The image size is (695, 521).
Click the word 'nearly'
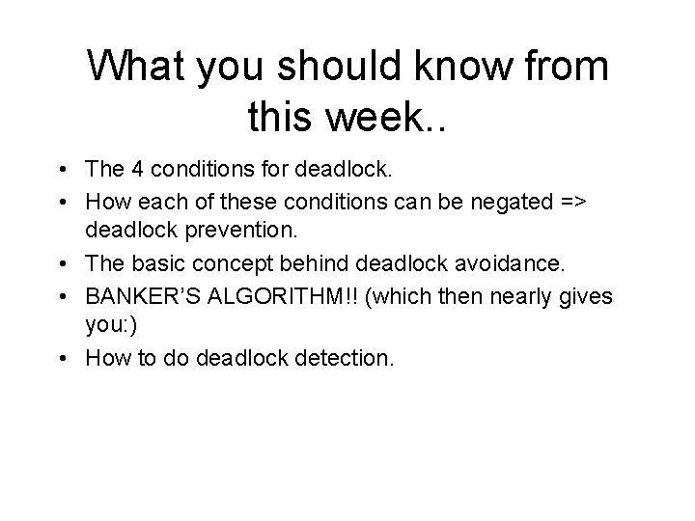[x=518, y=296]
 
